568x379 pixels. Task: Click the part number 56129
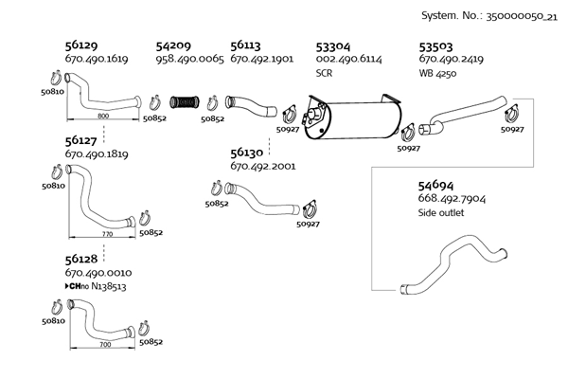pyautogui.click(x=82, y=45)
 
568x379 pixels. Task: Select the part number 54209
pyautogui.click(x=174, y=45)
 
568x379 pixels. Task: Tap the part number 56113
pyautogui.click(x=246, y=45)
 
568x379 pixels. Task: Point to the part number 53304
pyautogui.click(x=333, y=45)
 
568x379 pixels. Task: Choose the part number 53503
pyautogui.click(x=435, y=45)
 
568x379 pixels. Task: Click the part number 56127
pyautogui.click(x=82, y=138)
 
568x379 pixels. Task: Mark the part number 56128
pyautogui.click(x=82, y=258)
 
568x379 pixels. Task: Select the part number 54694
pyautogui.click(x=436, y=184)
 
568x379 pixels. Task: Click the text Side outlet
pyautogui.click(x=440, y=213)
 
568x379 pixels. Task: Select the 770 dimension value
pyautogui.click(x=106, y=232)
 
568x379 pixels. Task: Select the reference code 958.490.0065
pyautogui.click(x=189, y=59)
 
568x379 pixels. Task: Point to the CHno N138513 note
pyautogui.click(x=96, y=285)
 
